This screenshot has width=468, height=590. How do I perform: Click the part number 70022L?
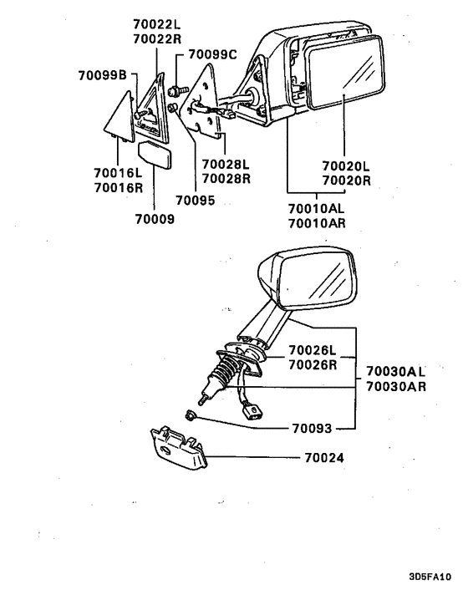point(157,24)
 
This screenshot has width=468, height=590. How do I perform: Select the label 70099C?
point(212,54)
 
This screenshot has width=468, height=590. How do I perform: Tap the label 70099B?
point(103,75)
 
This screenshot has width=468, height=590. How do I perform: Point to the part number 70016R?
point(119,187)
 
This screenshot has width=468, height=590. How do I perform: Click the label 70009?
point(155,219)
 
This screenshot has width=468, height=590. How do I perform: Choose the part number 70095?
point(196,201)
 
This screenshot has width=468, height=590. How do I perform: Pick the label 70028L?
point(226,164)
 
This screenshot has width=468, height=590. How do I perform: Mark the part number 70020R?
point(347,181)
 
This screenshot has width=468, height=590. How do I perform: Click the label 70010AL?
point(317,208)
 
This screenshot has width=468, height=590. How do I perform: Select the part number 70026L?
point(313,350)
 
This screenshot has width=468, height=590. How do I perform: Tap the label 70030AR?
point(396,386)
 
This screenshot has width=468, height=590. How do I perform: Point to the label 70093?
point(312,428)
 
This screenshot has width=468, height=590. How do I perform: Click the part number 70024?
point(324,458)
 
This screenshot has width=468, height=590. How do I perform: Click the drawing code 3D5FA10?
point(430,577)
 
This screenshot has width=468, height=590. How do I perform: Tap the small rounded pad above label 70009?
point(155,154)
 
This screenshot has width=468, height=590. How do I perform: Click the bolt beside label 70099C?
point(178,91)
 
